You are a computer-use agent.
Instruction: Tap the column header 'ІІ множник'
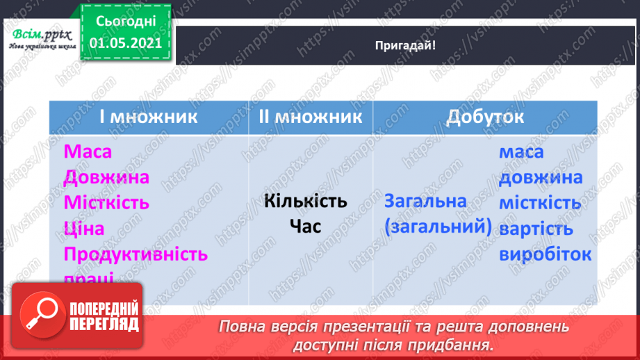(x=311, y=116)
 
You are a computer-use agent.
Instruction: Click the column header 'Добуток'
(x=485, y=116)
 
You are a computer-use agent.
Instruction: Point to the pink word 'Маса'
(x=88, y=152)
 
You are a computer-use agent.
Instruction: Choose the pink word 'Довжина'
(x=105, y=177)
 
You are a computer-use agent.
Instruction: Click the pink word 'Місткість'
(x=106, y=203)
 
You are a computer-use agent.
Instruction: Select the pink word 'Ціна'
(x=83, y=229)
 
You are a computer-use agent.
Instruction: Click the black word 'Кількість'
(x=306, y=202)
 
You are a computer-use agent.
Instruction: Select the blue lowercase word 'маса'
(x=521, y=152)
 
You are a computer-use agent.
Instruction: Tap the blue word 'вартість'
(x=536, y=229)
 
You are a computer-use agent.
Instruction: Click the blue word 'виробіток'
(x=545, y=254)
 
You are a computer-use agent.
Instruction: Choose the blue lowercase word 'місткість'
(x=540, y=203)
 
